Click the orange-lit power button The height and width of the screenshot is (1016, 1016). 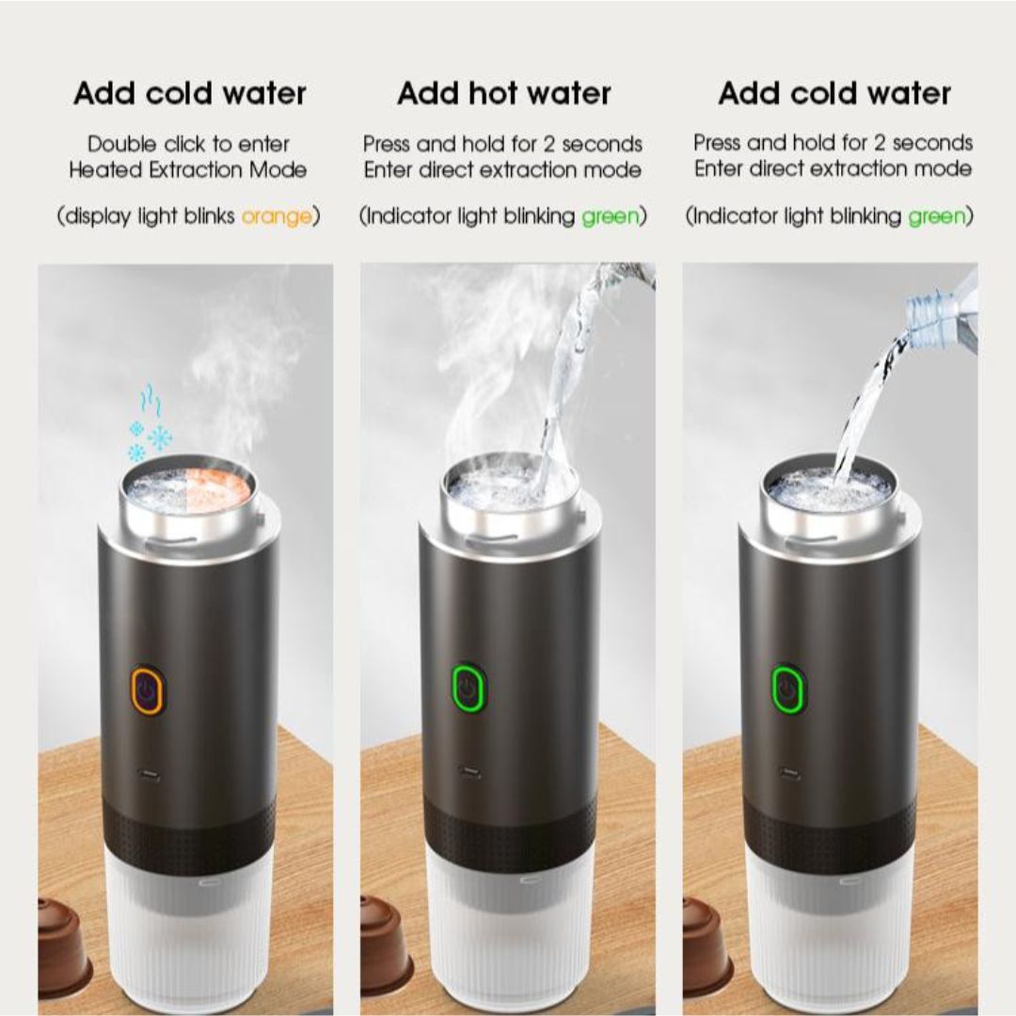click(148, 690)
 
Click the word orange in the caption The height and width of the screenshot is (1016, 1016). click(277, 216)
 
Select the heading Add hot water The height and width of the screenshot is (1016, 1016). click(504, 93)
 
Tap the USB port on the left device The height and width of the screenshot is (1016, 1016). click(148, 774)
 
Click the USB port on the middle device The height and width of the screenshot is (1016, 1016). click(468, 772)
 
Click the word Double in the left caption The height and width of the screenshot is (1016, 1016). click(121, 144)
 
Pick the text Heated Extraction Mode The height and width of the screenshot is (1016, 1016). click(188, 170)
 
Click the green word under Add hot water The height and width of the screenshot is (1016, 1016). click(610, 216)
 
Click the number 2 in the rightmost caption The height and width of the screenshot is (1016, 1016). click(880, 143)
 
